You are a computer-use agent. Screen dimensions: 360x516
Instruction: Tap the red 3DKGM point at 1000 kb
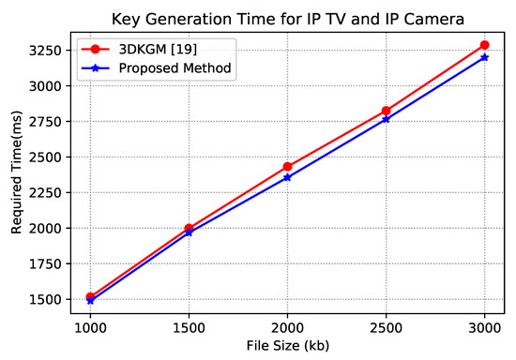pyautogui.click(x=90, y=296)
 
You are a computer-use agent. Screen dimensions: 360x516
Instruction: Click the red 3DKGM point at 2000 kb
pyautogui.click(x=287, y=167)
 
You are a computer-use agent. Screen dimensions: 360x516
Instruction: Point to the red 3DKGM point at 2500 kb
pyautogui.click(x=386, y=111)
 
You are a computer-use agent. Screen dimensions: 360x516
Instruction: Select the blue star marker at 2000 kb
pyautogui.click(x=287, y=177)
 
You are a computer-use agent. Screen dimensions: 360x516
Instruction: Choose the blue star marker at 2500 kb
pyautogui.click(x=386, y=119)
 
